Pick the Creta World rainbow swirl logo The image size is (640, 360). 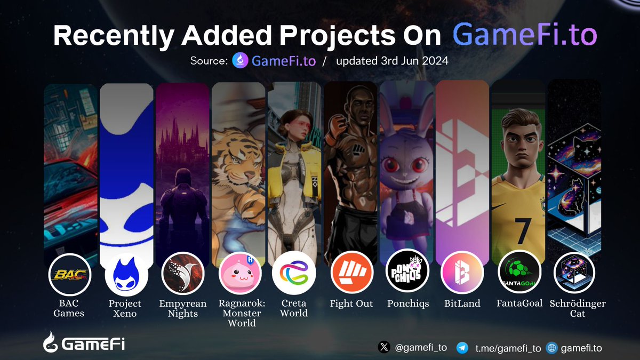294,273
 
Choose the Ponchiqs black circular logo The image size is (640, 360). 407,273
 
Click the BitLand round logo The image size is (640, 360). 462,273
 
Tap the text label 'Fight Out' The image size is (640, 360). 351,303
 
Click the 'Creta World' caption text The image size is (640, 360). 294,308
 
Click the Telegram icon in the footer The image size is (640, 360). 463,348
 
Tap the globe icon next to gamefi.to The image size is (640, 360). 551,348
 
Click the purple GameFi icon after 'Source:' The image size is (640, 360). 240,61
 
